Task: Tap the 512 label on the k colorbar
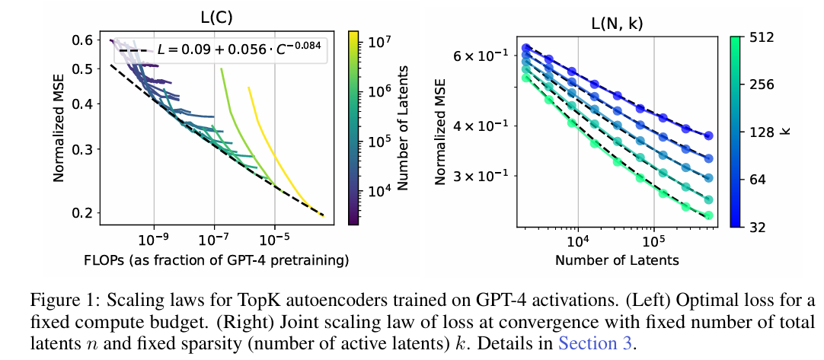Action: [762, 37]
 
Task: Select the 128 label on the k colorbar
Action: [762, 132]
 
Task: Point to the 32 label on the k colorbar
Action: [758, 227]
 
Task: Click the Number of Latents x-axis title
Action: [617, 260]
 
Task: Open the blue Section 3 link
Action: [596, 342]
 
